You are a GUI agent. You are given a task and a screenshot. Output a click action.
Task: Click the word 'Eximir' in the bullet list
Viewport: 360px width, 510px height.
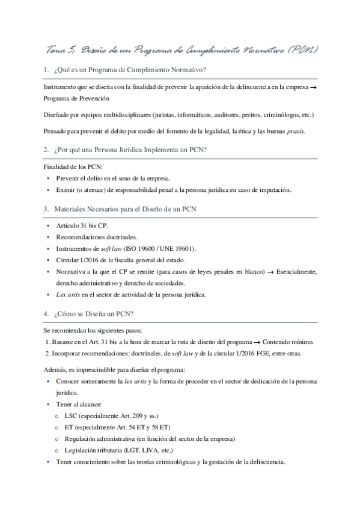pyautogui.click(x=65, y=190)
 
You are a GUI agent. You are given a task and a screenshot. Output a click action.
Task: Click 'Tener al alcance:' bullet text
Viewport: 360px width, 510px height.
pyautogui.click(x=79, y=404)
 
